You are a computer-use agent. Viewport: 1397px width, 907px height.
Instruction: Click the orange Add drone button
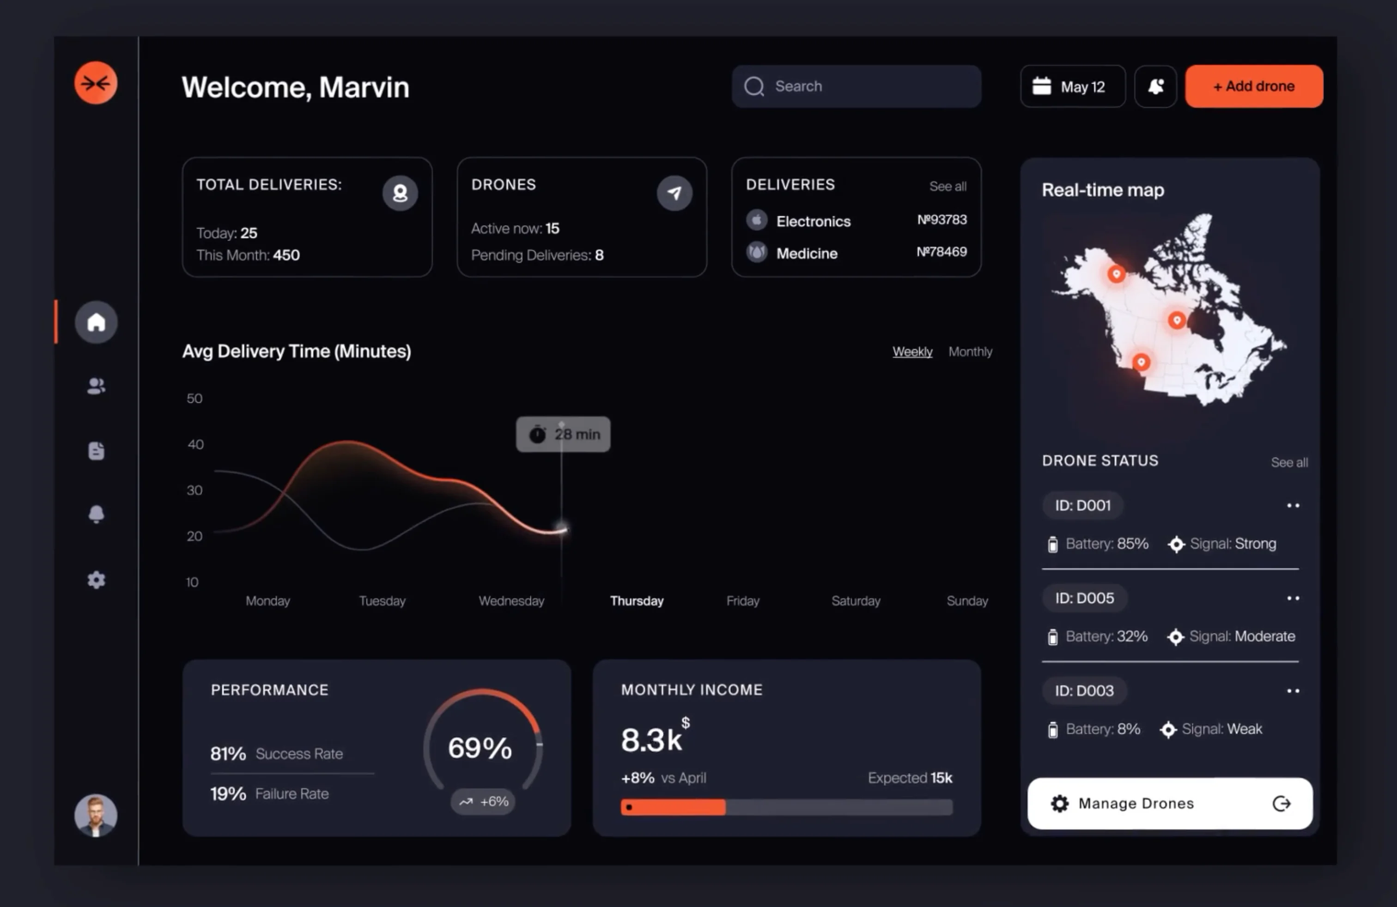tap(1254, 86)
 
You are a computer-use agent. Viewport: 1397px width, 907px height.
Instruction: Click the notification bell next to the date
tap(1155, 86)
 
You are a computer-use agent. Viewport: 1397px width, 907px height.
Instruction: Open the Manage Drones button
tap(1169, 803)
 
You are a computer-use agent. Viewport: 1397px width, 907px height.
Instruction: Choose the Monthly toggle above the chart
tap(970, 351)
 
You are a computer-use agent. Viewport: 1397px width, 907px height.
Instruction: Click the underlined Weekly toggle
tap(912, 351)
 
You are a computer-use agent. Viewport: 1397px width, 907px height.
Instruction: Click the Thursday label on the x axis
tap(636, 601)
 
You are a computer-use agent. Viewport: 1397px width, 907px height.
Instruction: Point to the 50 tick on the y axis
tap(194, 399)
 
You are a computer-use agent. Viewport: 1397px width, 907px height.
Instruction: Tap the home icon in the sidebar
tap(96, 322)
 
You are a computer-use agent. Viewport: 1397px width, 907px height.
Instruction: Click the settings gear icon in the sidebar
tap(96, 580)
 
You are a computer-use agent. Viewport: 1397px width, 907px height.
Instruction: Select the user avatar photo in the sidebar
tap(96, 815)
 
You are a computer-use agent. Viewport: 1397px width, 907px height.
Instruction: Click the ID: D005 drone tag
tap(1084, 598)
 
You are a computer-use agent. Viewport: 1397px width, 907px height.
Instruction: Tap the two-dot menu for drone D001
tap(1293, 505)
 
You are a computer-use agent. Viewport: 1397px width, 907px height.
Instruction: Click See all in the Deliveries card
tap(948, 187)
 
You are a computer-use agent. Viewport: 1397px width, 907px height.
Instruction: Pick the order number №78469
tap(941, 252)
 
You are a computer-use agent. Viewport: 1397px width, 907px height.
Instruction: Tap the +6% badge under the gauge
tap(483, 801)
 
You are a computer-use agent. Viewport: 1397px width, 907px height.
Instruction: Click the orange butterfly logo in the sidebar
tap(96, 83)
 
